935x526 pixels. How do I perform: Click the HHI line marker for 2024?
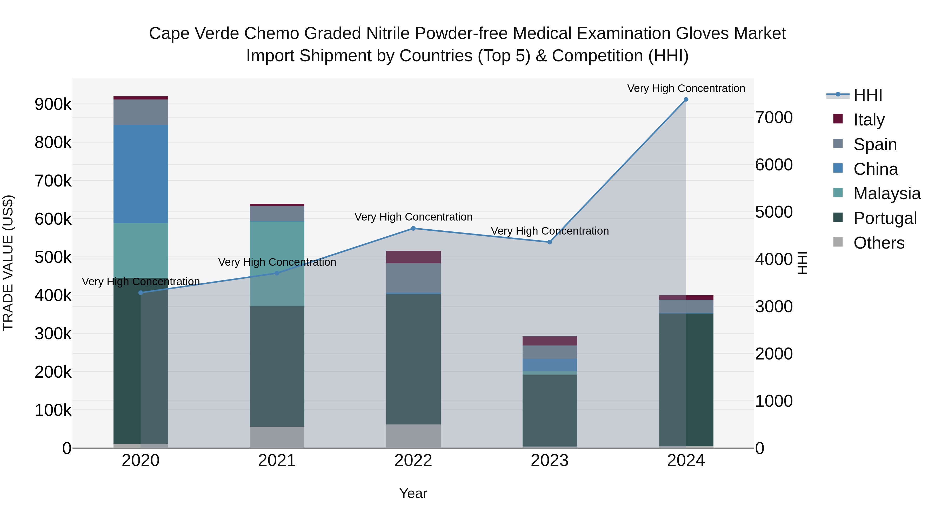[686, 99]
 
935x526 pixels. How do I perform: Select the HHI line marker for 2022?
[413, 228]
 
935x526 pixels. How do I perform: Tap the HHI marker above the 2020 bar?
[141, 292]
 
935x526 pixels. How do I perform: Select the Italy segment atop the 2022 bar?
[413, 257]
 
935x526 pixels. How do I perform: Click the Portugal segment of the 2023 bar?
[550, 410]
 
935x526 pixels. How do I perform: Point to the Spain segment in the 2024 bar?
[686, 307]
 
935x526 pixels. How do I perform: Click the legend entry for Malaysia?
[887, 194]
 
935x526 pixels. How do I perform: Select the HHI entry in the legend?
[867, 95]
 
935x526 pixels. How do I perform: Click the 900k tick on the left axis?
[53, 104]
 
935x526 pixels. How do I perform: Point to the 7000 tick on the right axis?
[774, 118]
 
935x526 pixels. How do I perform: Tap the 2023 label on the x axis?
[550, 461]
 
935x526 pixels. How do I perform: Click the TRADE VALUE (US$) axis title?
[8, 263]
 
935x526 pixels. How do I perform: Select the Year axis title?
[413, 493]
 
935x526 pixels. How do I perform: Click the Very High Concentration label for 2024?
[686, 88]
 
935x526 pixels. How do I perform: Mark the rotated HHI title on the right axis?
[803, 263]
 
